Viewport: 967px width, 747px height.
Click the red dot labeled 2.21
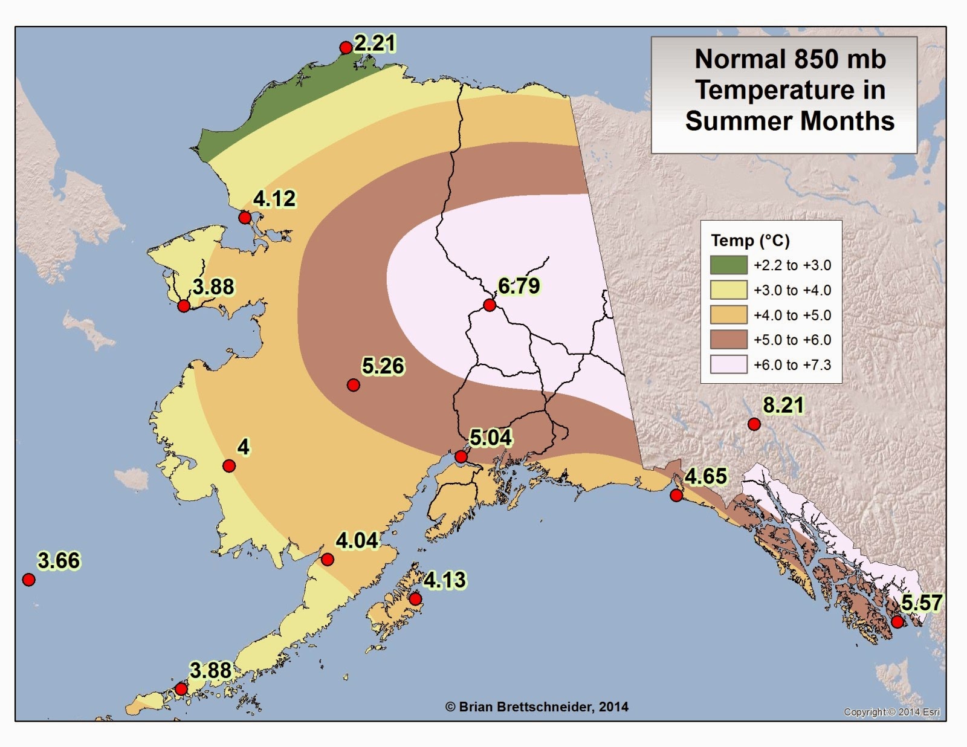point(346,48)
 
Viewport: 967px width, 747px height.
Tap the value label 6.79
point(519,286)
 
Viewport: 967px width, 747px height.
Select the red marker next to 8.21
point(754,424)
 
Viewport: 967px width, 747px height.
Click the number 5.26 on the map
point(383,366)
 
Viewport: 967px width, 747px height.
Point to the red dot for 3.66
point(28,580)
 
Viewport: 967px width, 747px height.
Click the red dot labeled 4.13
point(415,599)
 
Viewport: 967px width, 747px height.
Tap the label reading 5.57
point(922,603)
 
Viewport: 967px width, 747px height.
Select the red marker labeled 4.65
point(676,496)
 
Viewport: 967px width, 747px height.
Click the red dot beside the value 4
point(229,465)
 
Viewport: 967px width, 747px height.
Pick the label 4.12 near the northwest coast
point(274,199)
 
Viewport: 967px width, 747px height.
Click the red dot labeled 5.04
point(461,456)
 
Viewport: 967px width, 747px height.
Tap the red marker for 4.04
point(327,559)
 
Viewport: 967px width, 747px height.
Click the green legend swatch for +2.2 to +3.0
point(728,265)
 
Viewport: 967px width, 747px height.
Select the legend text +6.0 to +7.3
point(792,365)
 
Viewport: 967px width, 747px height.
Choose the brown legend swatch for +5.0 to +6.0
point(728,340)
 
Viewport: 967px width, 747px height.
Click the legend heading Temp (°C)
point(750,241)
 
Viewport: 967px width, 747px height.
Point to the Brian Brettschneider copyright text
point(537,707)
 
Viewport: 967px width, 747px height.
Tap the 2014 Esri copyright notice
point(892,712)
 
